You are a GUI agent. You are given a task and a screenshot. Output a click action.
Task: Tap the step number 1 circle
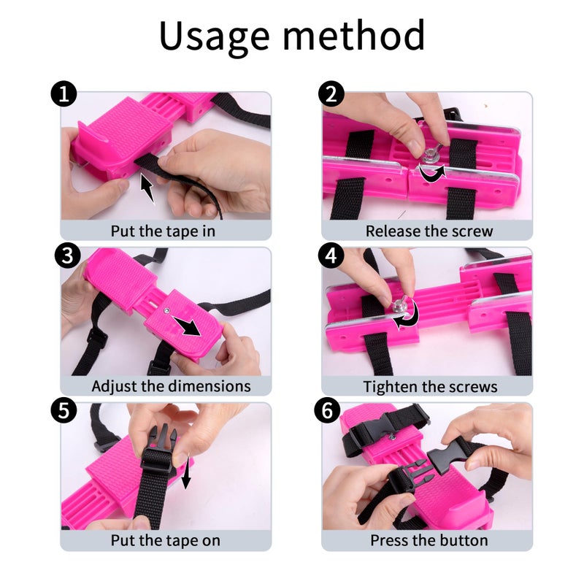point(64,94)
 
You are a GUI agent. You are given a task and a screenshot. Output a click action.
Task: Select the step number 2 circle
point(331,94)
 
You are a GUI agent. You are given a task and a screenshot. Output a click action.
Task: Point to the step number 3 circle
point(67,256)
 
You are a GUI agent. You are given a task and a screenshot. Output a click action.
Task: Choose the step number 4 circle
point(331,256)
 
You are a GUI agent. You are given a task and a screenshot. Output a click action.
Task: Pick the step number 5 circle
point(64,410)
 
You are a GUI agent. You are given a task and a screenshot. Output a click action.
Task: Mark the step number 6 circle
point(327,410)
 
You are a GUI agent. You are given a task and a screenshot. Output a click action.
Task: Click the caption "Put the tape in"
point(163,231)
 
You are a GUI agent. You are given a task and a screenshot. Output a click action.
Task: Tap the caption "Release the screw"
point(429,231)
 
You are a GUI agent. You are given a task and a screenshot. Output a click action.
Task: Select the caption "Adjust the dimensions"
point(171,386)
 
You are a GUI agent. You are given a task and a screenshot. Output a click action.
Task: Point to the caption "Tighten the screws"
point(430,387)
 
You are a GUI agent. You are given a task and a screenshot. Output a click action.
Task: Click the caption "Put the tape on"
point(166,540)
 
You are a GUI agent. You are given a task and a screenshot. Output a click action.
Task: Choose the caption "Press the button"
point(429,540)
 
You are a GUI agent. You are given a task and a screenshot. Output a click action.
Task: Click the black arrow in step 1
point(147,188)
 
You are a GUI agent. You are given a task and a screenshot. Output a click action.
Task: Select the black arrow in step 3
point(187,326)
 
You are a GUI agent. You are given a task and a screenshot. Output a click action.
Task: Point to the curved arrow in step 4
point(409,317)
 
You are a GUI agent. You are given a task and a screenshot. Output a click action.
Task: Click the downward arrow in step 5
point(186,471)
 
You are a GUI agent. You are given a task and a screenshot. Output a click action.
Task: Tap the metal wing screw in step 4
point(398,304)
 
